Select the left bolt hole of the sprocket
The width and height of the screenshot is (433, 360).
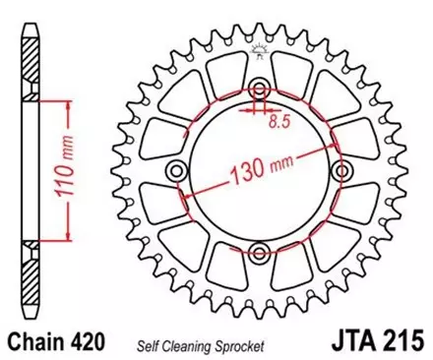(177, 170)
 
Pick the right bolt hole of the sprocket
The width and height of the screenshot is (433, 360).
(343, 170)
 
